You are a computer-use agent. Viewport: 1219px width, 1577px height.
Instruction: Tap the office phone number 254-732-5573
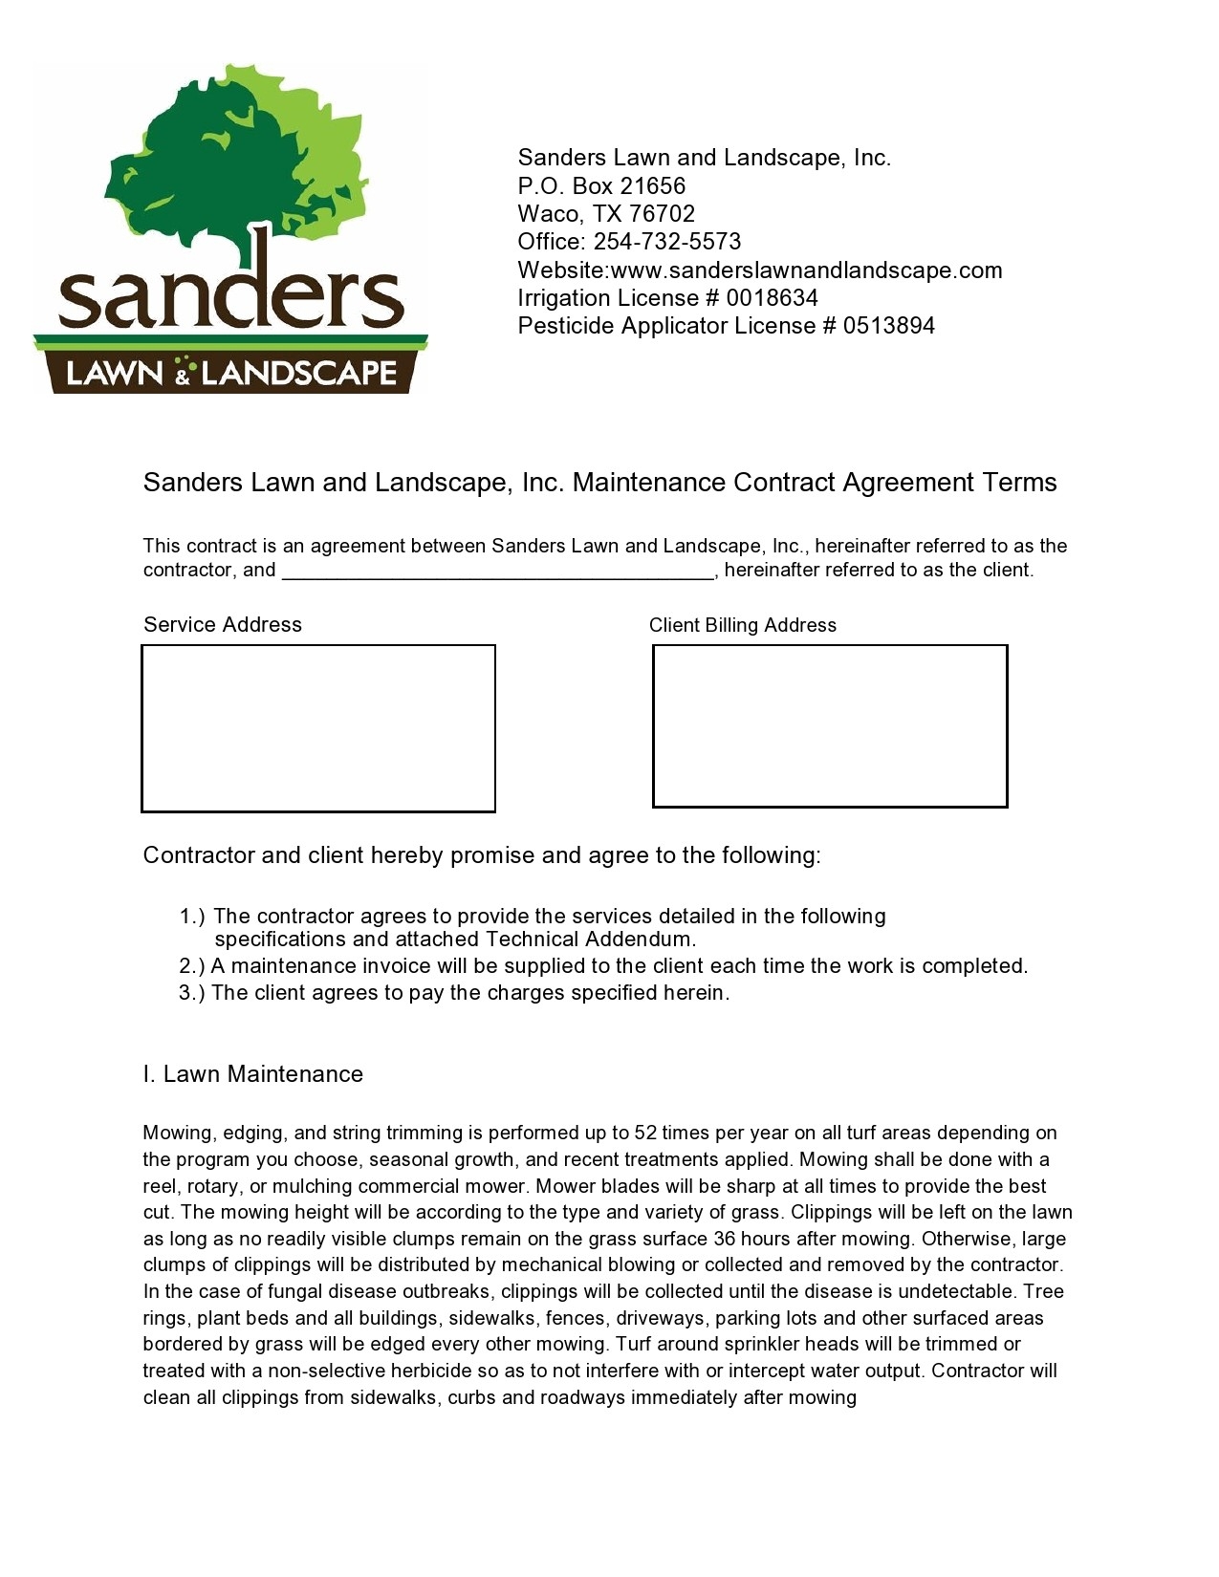click(666, 242)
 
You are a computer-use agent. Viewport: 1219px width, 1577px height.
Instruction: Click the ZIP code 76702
click(662, 213)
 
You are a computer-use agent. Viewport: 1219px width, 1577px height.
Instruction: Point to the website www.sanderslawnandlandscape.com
click(806, 270)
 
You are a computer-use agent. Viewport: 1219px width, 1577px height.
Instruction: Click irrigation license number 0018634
click(772, 298)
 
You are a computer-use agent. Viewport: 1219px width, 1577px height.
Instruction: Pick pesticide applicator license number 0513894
click(888, 326)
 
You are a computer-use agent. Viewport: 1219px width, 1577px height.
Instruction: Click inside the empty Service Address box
click(318, 728)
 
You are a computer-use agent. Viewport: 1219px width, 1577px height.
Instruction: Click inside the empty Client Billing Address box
click(830, 725)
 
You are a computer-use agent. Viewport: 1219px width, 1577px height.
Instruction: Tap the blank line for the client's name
click(497, 572)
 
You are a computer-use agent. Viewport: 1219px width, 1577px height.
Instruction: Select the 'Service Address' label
click(223, 625)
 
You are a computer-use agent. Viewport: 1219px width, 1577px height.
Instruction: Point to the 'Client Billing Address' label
click(743, 625)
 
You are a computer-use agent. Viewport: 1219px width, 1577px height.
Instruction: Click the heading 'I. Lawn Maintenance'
click(253, 1074)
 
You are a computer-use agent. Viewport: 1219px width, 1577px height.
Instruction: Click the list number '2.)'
click(192, 966)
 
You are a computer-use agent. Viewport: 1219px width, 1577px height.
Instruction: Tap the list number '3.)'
click(192, 993)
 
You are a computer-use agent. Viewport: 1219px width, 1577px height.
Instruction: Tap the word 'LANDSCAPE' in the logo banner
click(298, 372)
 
